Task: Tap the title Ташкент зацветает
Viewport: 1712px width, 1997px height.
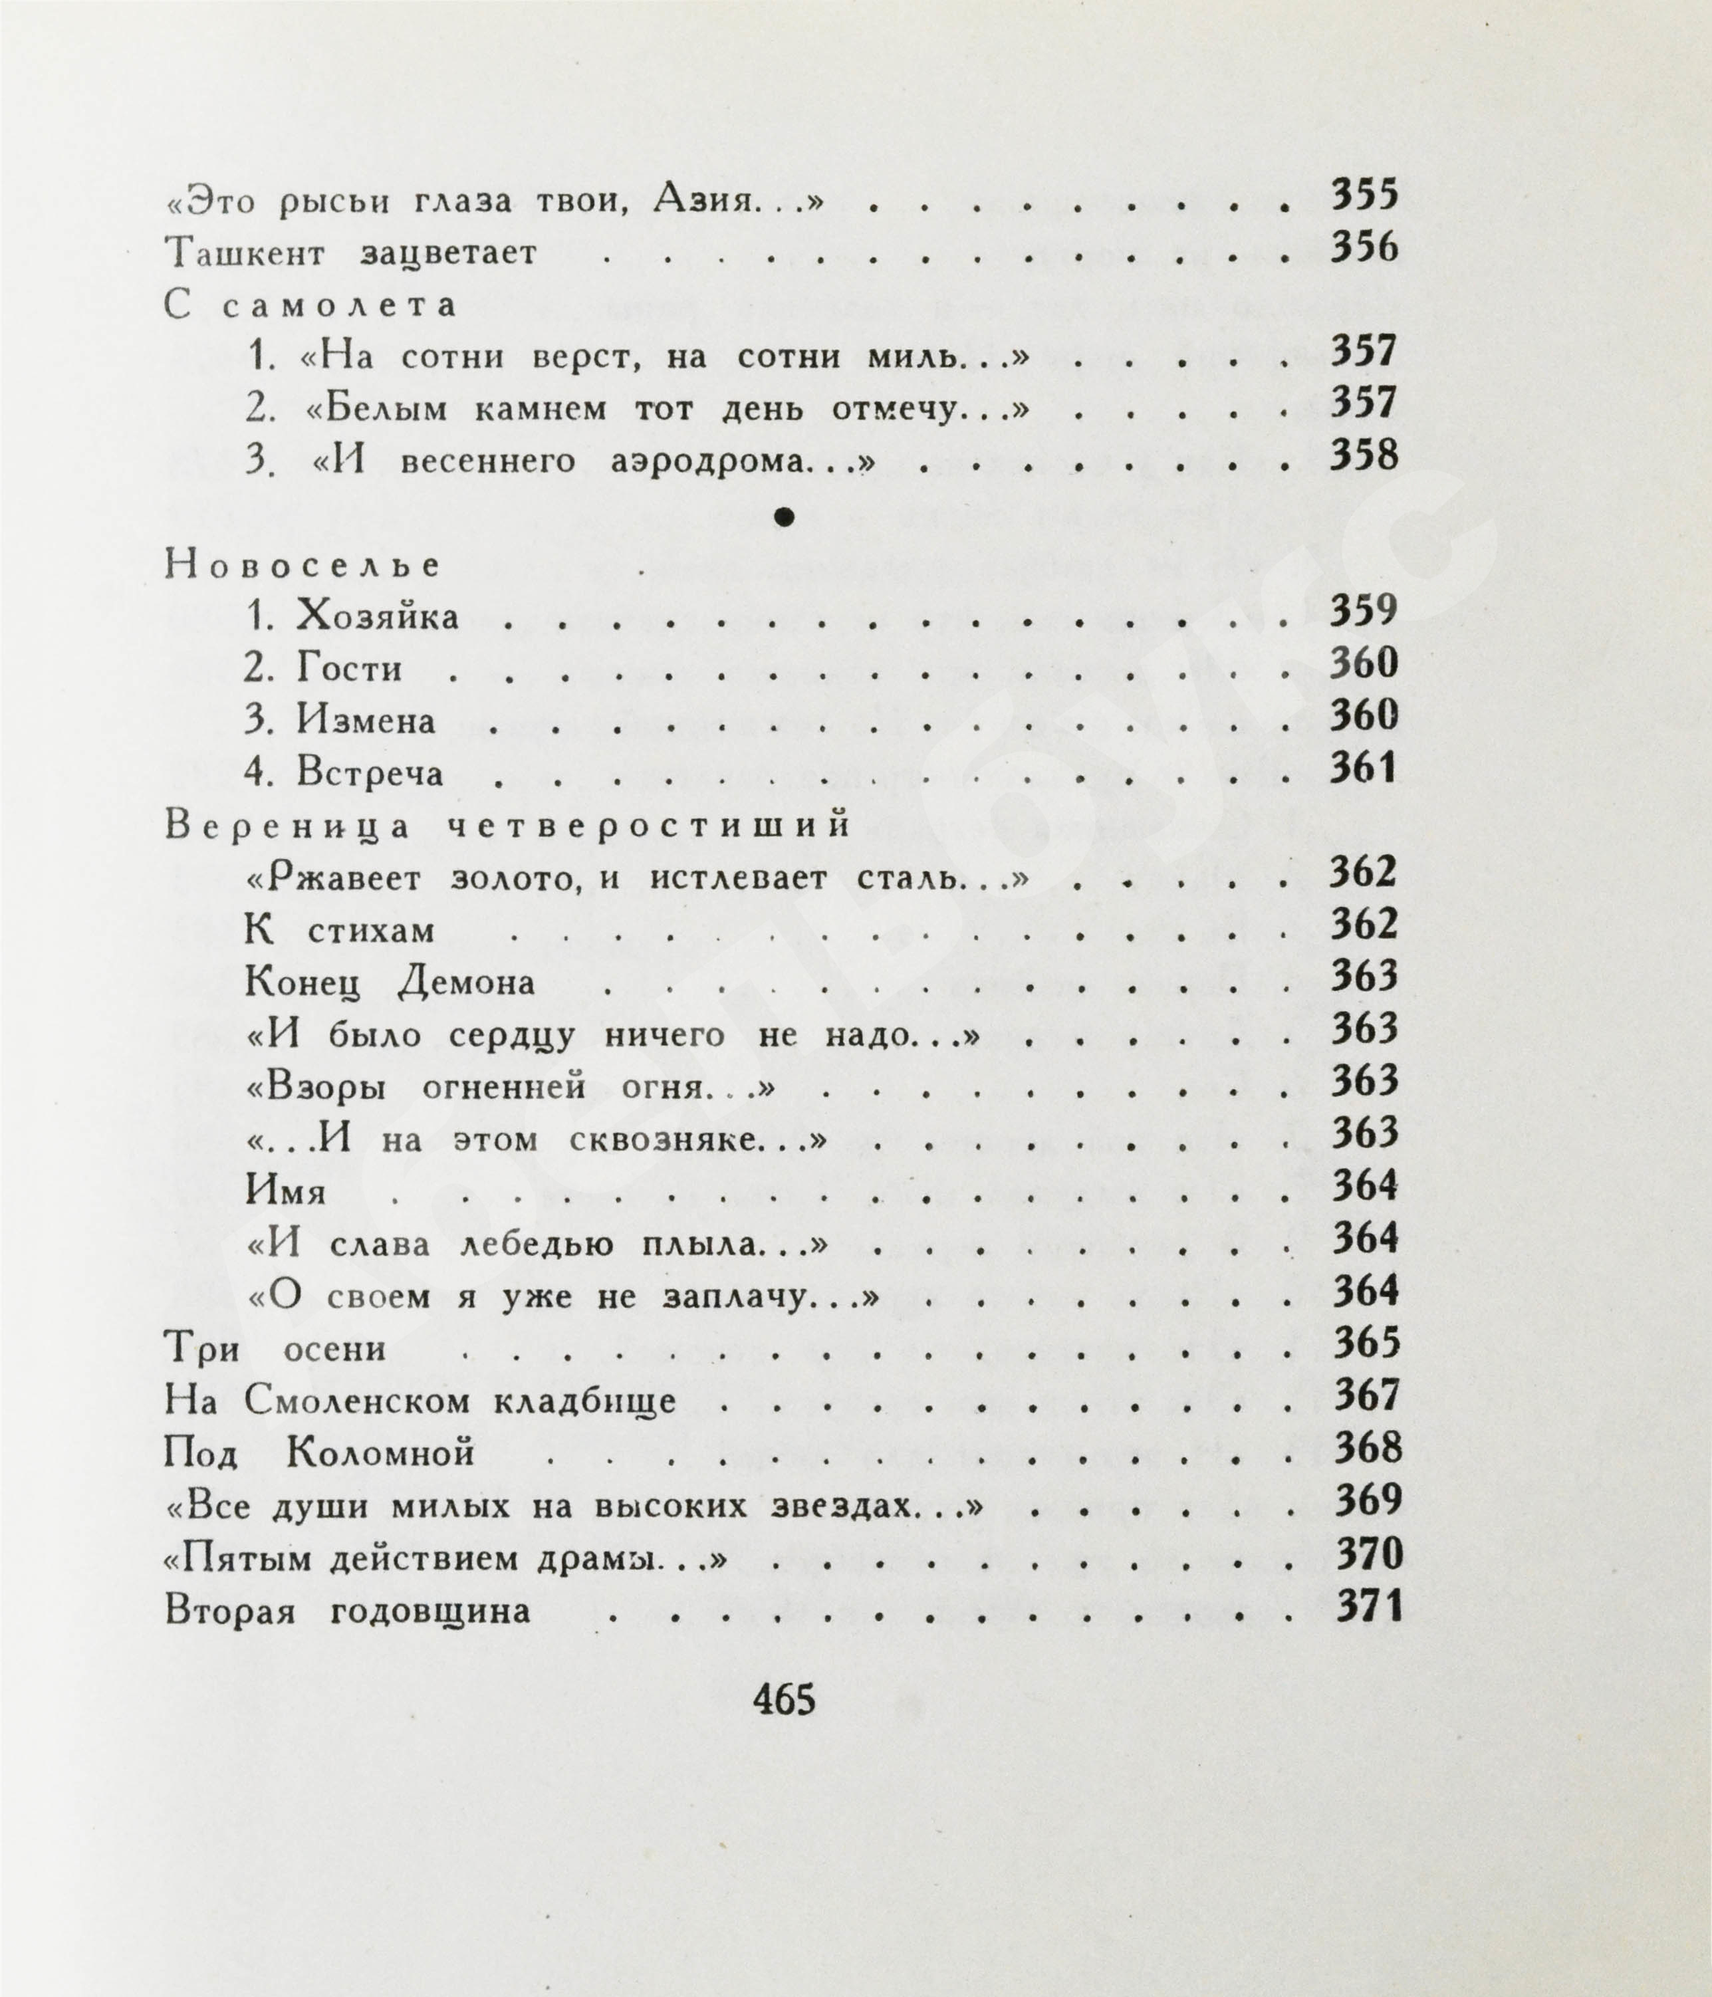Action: click(351, 253)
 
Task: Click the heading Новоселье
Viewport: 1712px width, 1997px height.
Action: click(303, 566)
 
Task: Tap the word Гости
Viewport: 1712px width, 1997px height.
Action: click(349, 669)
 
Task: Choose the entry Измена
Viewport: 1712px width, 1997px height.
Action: click(366, 721)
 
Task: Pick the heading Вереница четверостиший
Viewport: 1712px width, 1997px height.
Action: click(507, 826)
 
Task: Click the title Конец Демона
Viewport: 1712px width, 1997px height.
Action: click(390, 983)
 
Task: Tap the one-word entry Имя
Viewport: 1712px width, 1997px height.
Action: click(287, 1192)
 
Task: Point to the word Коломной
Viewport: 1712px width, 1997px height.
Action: click(381, 1453)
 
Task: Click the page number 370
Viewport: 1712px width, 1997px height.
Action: click(1368, 1553)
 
